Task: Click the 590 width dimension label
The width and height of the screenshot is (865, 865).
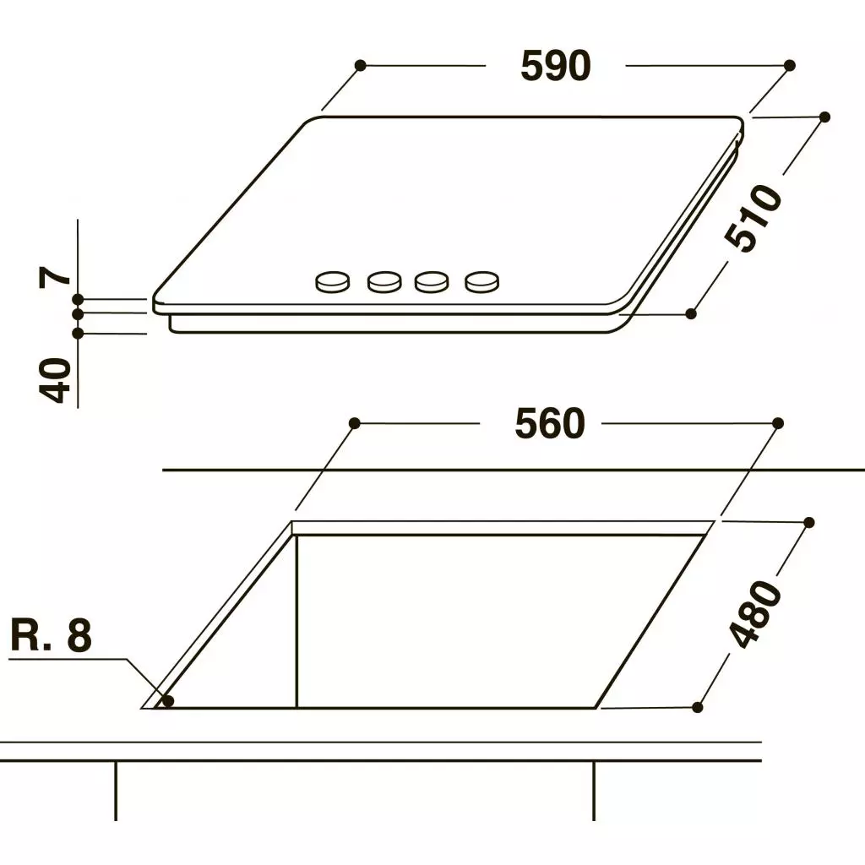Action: [x=556, y=66]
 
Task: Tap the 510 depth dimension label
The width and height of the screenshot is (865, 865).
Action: [x=753, y=218]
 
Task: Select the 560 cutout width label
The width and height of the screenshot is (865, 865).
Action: [x=550, y=423]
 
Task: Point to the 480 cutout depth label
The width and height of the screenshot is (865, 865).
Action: [x=754, y=613]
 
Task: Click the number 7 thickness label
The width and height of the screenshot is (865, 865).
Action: [x=55, y=276]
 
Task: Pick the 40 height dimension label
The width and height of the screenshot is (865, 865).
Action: [x=55, y=380]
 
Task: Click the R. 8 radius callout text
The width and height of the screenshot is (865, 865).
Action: [x=52, y=635]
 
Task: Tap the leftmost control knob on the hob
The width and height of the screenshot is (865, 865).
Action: [x=332, y=282]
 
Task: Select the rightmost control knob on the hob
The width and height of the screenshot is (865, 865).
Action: [x=482, y=282]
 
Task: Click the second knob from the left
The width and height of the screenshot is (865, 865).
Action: [x=384, y=282]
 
